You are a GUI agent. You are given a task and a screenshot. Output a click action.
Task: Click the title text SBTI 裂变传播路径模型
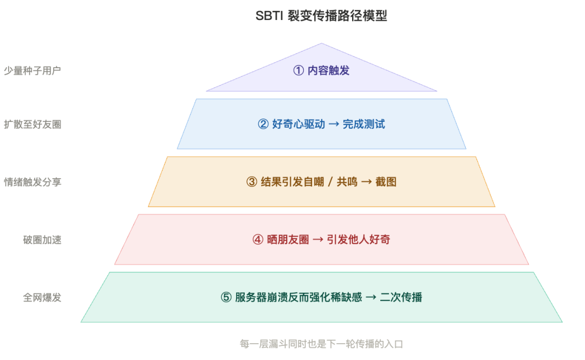[321, 16]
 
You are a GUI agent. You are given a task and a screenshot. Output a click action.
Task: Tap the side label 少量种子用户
[32, 70]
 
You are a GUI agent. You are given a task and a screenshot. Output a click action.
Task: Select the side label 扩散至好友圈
[32, 125]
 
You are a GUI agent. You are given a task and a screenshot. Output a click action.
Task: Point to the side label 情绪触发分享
[32, 182]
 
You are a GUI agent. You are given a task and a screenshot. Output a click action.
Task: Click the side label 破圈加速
[42, 240]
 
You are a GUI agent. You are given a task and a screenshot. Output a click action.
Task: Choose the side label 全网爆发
[42, 297]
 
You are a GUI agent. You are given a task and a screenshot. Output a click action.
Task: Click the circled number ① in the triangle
[298, 70]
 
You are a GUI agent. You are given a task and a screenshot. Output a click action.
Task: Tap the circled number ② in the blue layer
[263, 124]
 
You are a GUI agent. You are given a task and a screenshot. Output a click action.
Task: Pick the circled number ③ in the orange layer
[251, 182]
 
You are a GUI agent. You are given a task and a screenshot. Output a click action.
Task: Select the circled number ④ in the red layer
[257, 239]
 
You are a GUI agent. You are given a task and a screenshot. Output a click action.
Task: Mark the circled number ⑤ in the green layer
[226, 297]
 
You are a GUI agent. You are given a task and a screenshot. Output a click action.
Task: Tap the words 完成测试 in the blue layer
[364, 124]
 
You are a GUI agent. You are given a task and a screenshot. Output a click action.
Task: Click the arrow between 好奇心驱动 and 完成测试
[334, 124]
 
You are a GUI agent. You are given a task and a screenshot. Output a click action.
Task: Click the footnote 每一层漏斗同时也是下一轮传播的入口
[321, 344]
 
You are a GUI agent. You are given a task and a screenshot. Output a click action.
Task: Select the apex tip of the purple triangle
[322, 44]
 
